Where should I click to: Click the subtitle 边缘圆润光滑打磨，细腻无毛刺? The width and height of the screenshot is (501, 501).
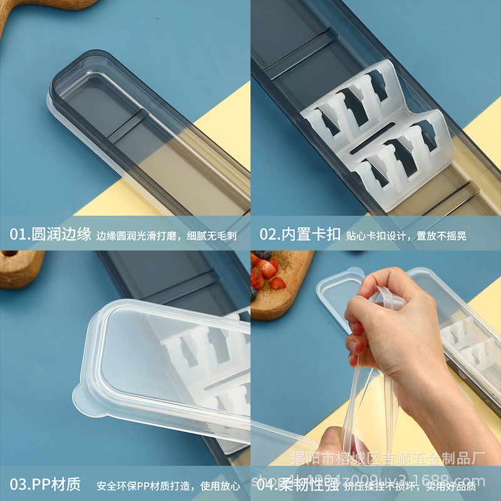[166, 236]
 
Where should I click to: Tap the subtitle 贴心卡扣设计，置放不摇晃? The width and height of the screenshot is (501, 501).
[406, 236]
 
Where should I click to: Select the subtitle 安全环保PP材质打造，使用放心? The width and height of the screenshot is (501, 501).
[168, 485]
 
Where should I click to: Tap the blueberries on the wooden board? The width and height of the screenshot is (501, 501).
[262, 256]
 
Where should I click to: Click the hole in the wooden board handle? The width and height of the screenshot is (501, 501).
[10, 256]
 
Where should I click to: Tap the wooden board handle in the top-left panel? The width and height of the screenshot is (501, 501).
[38, 9]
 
